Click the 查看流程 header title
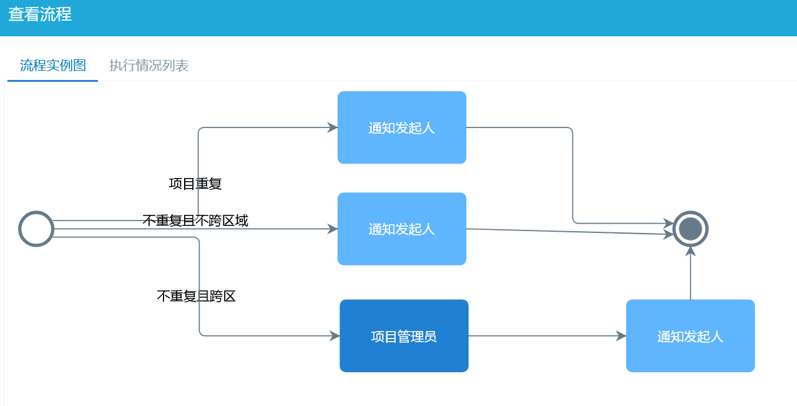pos(40,14)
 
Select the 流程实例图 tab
pos(53,66)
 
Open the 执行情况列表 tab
pos(149,66)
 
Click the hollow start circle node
pos(36,229)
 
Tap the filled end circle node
pos(690,229)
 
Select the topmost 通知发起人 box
pos(402,127)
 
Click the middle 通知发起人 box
pos(402,229)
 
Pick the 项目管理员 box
pos(404,336)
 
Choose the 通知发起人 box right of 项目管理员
pos(690,336)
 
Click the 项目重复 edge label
pos(195,184)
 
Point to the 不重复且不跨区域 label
pos(195,220)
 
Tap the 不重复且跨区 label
pos(196,296)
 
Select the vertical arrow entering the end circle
pos(690,275)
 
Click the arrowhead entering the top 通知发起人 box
pos(333,127)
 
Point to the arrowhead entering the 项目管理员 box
pos(335,336)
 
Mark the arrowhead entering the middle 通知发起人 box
pos(333,229)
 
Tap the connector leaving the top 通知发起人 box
pos(572,175)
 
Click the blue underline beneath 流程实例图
pos(53,81)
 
